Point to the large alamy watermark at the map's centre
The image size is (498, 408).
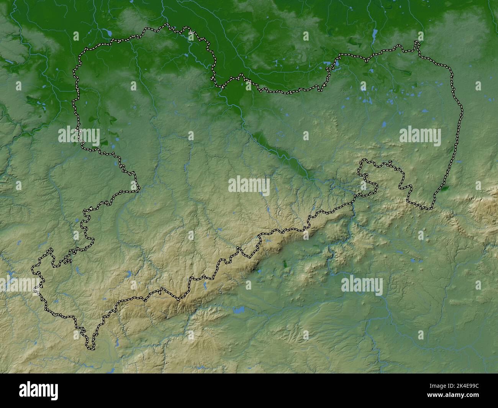(249, 186)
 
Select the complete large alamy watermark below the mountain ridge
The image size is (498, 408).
(362, 285)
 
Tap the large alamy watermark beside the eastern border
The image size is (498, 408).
(420, 136)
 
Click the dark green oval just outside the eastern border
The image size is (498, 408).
(444, 188)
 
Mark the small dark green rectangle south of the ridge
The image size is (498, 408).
(285, 263)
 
